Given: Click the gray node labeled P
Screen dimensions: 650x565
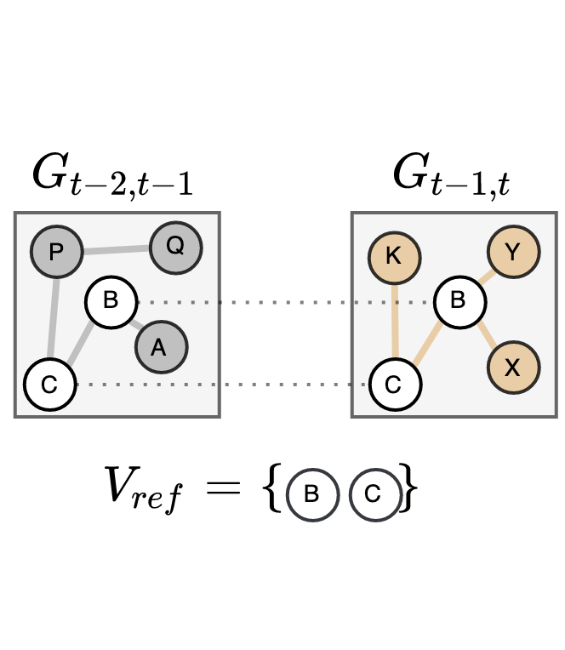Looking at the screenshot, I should pyautogui.click(x=56, y=252).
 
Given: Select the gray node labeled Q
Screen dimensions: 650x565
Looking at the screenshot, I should pyautogui.click(x=175, y=247).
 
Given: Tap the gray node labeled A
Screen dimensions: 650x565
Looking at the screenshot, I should pyautogui.click(x=160, y=347).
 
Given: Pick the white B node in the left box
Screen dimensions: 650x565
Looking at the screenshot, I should pyautogui.click(x=111, y=301).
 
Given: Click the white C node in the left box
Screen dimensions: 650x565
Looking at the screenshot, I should pyautogui.click(x=49, y=385).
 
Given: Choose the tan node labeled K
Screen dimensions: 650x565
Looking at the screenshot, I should pyautogui.click(x=394, y=256).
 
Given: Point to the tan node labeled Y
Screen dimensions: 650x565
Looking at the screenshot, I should pyautogui.click(x=513, y=253).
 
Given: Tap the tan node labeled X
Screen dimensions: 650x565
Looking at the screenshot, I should pyautogui.click(x=513, y=368).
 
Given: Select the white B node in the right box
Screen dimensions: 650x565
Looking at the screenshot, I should pyautogui.click(x=459, y=301).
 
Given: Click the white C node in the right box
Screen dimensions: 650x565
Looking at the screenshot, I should pyautogui.click(x=394, y=385).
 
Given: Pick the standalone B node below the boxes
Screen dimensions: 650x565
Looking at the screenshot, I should pyautogui.click(x=312, y=494).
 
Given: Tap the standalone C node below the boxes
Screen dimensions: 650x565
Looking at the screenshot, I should pyautogui.click(x=374, y=494).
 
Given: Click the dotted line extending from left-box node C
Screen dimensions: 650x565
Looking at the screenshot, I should pyautogui.click(x=145, y=385).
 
